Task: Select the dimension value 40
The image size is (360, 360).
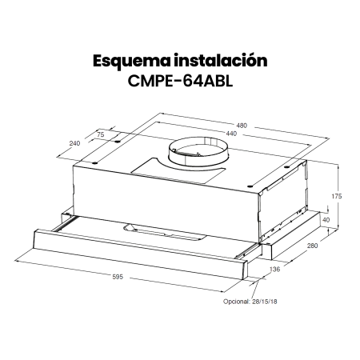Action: tap(324, 218)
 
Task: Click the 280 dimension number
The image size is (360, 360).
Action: tap(313, 246)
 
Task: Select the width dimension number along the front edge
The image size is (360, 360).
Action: tap(117, 276)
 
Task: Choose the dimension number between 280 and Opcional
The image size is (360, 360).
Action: tap(276, 272)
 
